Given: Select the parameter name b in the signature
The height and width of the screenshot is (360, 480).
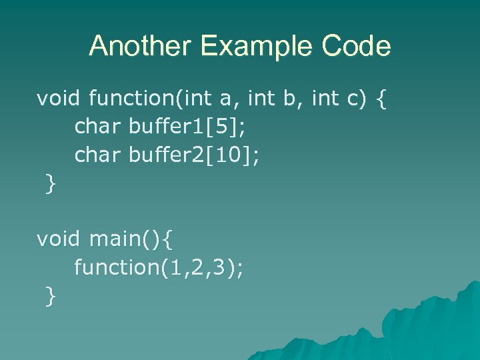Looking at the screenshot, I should [x=289, y=99].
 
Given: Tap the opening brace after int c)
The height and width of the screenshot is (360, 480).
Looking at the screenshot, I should [x=381, y=100].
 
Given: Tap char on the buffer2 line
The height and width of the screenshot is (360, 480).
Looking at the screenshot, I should [x=97, y=155].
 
